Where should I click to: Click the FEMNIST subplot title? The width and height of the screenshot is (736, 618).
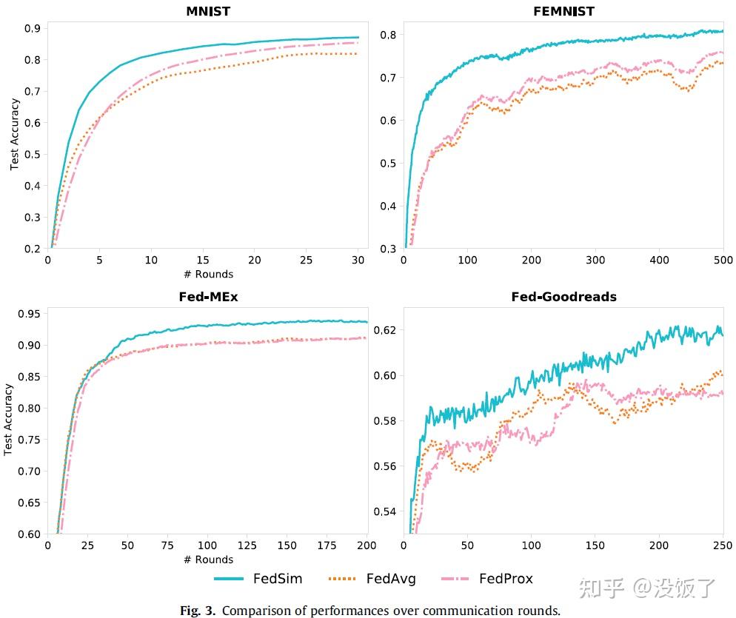tap(563, 11)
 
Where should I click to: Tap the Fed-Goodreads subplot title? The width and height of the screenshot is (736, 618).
tap(563, 297)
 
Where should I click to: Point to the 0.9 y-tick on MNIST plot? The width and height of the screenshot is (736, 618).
tap(32, 28)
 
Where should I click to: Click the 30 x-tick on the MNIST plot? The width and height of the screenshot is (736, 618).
tap(358, 261)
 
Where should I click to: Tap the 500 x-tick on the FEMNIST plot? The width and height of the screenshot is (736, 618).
tap(723, 261)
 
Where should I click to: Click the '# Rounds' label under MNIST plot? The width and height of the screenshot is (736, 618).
tap(208, 274)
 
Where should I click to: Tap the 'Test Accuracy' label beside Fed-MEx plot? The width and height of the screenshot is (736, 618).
tap(9, 419)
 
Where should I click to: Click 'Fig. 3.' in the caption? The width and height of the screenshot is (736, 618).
tap(198, 611)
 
